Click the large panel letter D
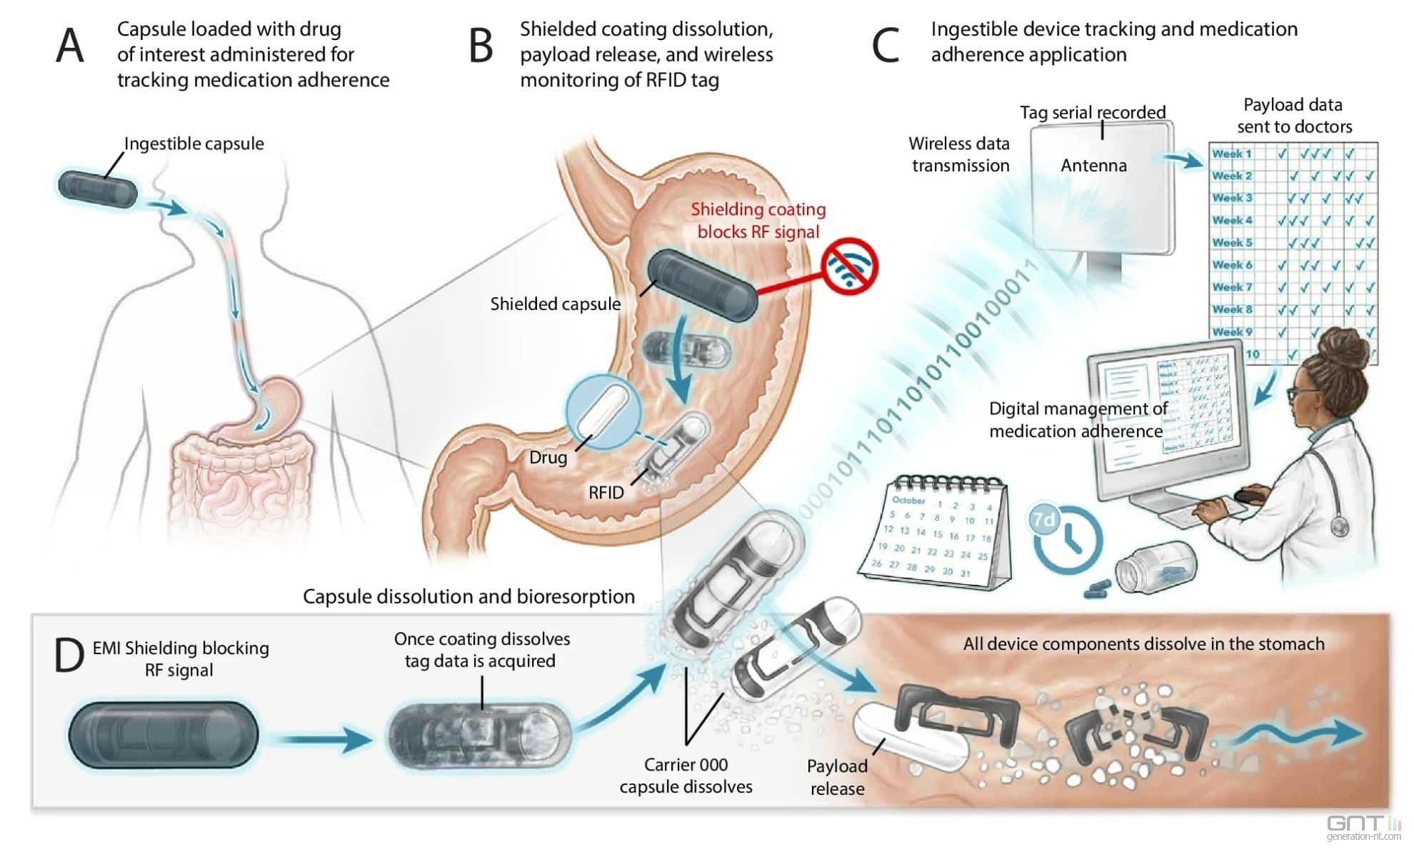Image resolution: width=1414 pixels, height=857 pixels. click(69, 656)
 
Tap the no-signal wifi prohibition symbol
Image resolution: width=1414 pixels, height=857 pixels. click(849, 266)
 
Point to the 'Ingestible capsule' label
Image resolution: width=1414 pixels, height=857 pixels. click(194, 144)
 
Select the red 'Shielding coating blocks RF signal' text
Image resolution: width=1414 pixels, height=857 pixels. click(758, 221)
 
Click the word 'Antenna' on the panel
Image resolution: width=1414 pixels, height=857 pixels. click(1093, 166)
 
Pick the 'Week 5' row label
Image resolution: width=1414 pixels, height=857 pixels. click(1232, 243)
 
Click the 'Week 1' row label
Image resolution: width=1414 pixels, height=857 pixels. click(1231, 154)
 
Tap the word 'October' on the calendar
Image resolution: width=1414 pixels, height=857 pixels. click(908, 500)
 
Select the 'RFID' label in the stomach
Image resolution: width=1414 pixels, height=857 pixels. click(606, 493)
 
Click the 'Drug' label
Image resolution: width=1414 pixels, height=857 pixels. click(548, 458)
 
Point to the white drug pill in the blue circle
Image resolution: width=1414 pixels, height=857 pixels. click(603, 411)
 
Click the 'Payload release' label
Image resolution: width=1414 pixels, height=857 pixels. click(837, 777)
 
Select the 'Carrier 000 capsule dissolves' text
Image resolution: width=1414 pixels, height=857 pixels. click(686, 776)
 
